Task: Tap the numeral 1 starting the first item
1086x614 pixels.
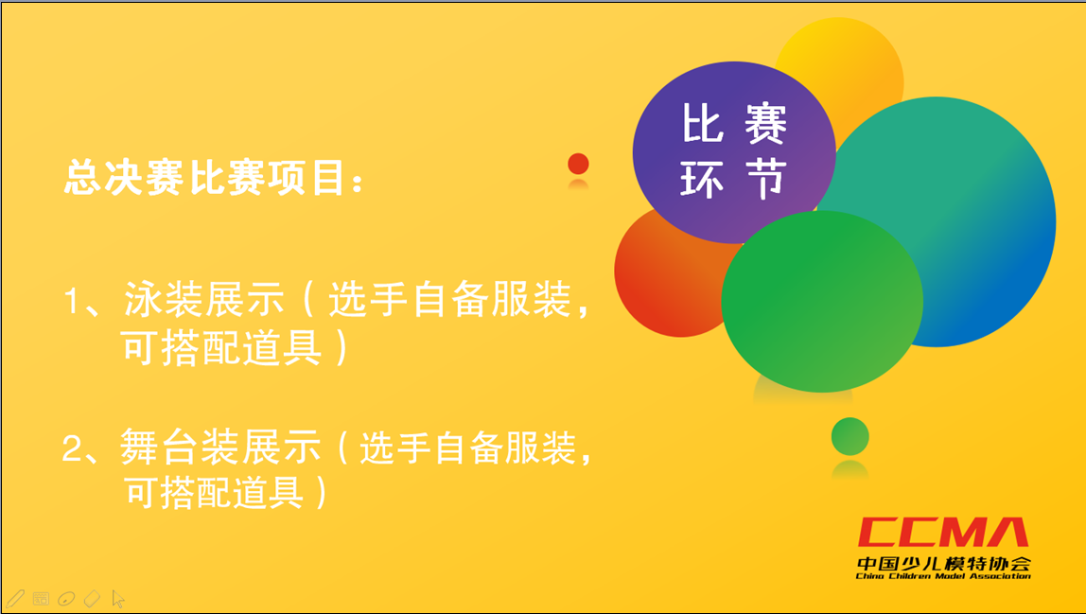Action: click(72, 302)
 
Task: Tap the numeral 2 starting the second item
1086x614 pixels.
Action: click(72, 448)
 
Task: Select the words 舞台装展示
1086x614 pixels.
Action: click(220, 447)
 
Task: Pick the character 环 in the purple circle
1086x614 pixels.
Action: click(702, 179)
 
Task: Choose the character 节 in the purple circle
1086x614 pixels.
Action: click(766, 179)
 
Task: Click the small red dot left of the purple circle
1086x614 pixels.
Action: click(578, 165)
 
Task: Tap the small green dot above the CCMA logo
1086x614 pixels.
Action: click(850, 436)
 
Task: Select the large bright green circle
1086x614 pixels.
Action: click(822, 302)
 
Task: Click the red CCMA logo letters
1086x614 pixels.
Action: click(943, 533)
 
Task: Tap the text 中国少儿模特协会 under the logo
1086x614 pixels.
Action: click(943, 563)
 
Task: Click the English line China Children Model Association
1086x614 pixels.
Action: click(943, 576)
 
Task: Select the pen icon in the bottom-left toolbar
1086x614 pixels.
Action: click(15, 598)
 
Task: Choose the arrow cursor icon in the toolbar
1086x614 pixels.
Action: click(117, 598)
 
